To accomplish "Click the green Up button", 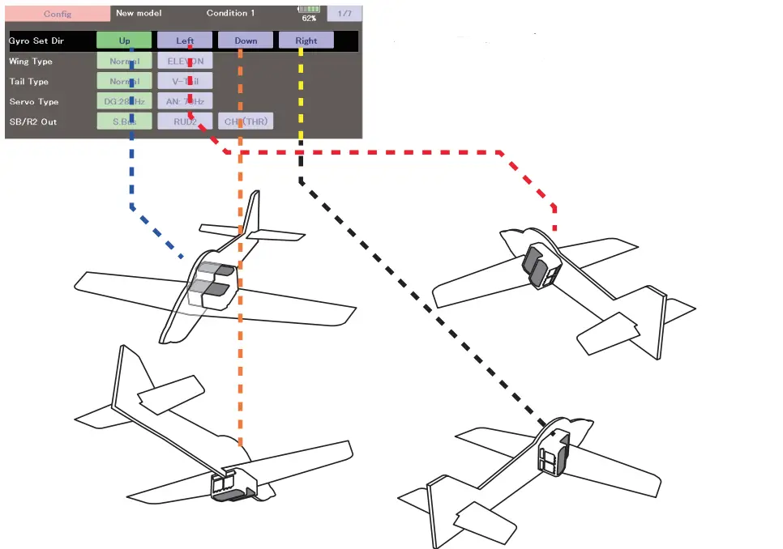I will (124, 40).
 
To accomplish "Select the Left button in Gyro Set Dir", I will (185, 40).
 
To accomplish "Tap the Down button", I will (246, 40).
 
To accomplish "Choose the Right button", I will (306, 40).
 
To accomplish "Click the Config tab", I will (58, 14).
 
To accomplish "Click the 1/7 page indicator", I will (344, 14).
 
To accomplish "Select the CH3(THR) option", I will (246, 121).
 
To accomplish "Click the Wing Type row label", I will (30, 62).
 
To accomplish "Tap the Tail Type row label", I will (28, 82).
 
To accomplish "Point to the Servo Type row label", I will (34, 102).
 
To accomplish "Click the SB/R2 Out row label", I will (33, 121).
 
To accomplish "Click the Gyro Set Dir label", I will (36, 40).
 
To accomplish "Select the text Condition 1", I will (231, 13).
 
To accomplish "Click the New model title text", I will (139, 13).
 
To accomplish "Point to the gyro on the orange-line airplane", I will (230, 485).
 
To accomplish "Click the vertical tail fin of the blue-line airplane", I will (250, 215).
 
